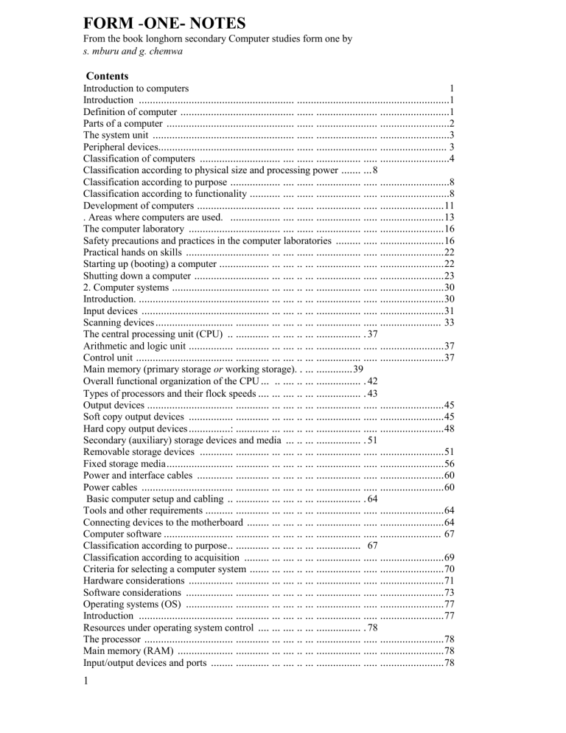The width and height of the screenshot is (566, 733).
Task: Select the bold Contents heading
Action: (108, 76)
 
